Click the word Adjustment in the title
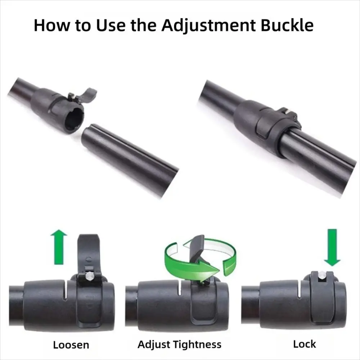(208, 25)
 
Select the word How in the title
(51, 25)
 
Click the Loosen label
(71, 345)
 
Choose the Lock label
(305, 344)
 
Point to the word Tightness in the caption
(197, 345)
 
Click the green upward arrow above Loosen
(59, 247)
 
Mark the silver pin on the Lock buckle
(322, 274)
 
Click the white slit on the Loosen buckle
(66, 290)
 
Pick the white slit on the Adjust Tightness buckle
(180, 288)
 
